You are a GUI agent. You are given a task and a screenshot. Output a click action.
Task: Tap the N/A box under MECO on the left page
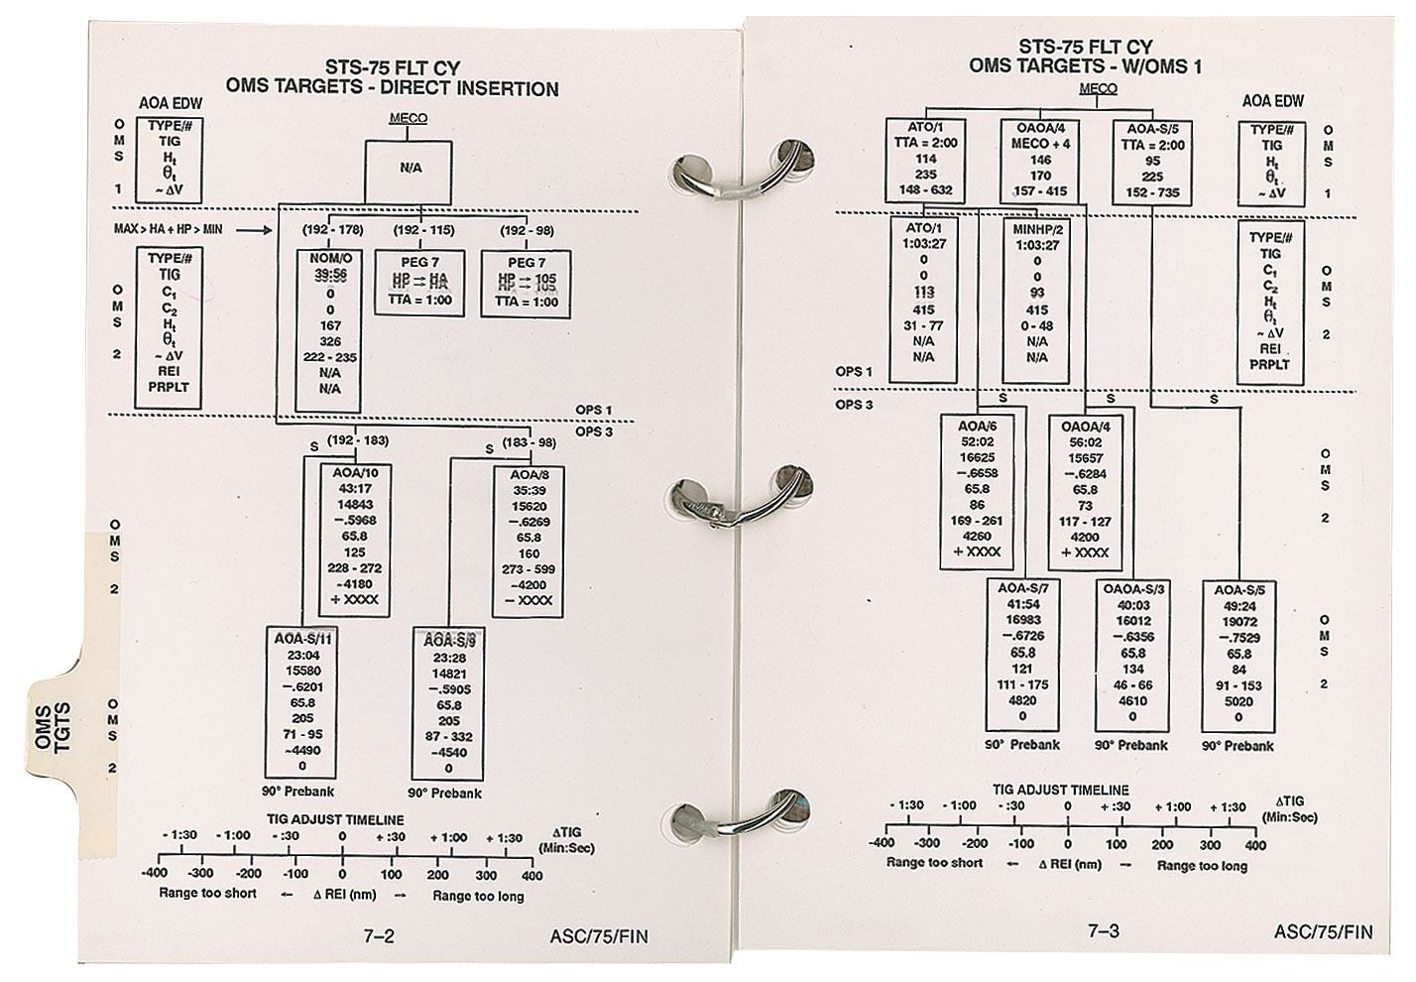[411, 169]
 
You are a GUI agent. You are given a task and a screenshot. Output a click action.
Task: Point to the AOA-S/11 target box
[300, 702]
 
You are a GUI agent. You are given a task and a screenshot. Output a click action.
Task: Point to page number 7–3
[1104, 930]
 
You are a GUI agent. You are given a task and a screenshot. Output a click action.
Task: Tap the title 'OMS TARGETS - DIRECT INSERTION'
[393, 88]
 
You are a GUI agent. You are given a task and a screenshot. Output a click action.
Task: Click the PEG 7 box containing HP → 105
[527, 283]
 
